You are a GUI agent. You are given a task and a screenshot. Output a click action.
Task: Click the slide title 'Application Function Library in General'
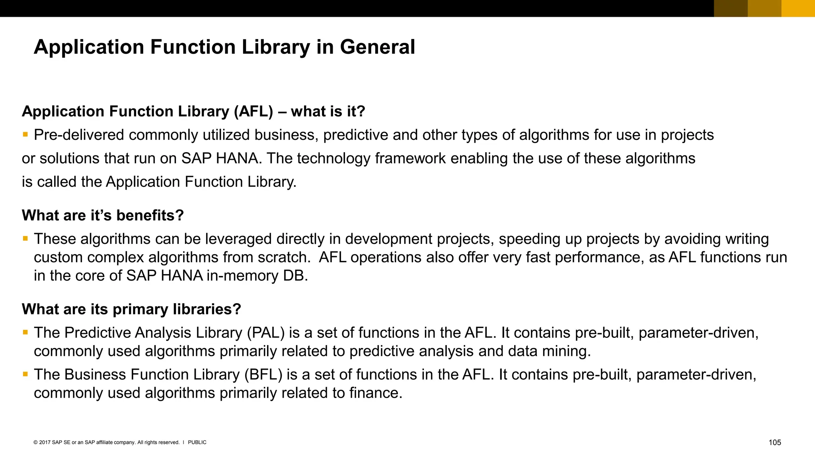pos(224,47)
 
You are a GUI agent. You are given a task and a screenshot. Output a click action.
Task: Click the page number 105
pos(774,442)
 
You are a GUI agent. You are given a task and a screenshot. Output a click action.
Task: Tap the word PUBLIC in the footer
pos(197,442)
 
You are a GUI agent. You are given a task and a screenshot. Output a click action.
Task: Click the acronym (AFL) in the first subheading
pos(253,111)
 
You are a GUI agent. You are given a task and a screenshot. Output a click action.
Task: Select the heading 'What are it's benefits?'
pos(103,215)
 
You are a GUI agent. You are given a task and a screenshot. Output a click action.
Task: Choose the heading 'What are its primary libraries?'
pos(131,309)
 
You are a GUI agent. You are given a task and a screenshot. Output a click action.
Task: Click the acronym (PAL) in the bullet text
pos(265,333)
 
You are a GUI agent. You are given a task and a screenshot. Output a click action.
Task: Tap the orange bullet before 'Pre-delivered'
pos(25,135)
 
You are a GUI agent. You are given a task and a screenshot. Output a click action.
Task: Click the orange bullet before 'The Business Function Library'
pos(25,374)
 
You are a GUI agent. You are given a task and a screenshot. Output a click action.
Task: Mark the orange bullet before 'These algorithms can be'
pos(25,238)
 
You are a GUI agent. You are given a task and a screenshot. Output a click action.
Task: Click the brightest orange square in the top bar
pos(798,8)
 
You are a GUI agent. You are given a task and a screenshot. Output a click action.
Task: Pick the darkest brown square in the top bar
pos(731,8)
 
